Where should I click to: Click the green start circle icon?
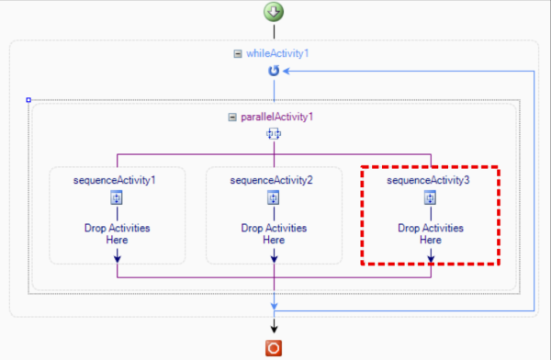[x=274, y=12]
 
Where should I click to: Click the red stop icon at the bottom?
[x=274, y=348]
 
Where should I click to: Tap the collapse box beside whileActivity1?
[x=239, y=54]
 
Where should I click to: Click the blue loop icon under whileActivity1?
[x=273, y=71]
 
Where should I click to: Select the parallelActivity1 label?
[x=277, y=118]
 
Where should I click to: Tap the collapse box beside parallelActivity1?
[x=231, y=118]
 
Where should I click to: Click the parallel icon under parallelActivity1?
[x=273, y=134]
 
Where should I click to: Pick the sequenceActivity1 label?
[x=115, y=180]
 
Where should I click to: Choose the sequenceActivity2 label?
[x=272, y=180]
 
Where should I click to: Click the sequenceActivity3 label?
[x=429, y=180]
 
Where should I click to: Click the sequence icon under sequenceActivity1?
[x=117, y=197]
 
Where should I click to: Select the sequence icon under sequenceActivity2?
[x=274, y=197]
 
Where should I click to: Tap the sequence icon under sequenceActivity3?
[x=430, y=197]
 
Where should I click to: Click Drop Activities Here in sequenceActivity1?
[x=117, y=233]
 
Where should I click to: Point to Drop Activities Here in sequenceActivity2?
[x=274, y=233]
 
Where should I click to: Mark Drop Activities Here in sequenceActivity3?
[x=431, y=233]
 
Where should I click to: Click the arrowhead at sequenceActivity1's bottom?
[x=117, y=258]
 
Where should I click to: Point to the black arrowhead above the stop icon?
[x=274, y=326]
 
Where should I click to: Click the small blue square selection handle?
[x=28, y=99]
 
